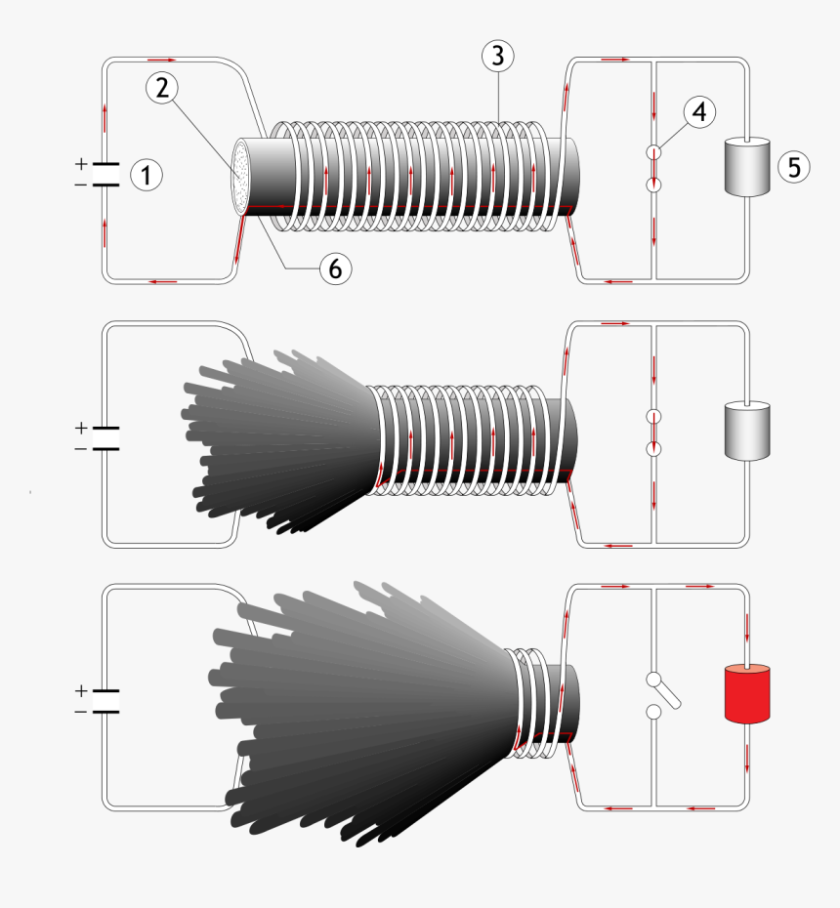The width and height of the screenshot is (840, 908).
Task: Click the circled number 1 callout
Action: coord(146,176)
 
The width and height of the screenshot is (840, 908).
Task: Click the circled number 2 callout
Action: coord(162,88)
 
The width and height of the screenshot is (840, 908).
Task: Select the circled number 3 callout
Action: coord(497,57)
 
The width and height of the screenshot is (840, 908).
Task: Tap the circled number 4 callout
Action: coord(697,112)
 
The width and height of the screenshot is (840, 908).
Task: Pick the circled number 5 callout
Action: coord(793,167)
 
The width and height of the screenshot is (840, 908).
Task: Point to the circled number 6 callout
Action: coord(335,268)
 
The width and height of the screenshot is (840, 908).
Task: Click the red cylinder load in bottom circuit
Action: coord(747,694)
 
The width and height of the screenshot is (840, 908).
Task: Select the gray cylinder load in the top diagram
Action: coord(747,167)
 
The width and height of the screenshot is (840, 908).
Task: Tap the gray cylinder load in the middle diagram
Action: coord(747,431)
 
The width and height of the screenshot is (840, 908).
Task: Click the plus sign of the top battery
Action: coord(81,163)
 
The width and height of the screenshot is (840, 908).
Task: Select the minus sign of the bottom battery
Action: coord(80,712)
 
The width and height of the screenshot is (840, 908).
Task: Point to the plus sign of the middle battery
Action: coord(80,428)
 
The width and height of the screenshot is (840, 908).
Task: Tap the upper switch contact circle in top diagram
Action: coord(654,153)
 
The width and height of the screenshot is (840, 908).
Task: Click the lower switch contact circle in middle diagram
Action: coord(654,448)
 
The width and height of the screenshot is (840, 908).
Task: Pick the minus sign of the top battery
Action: coord(81,185)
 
